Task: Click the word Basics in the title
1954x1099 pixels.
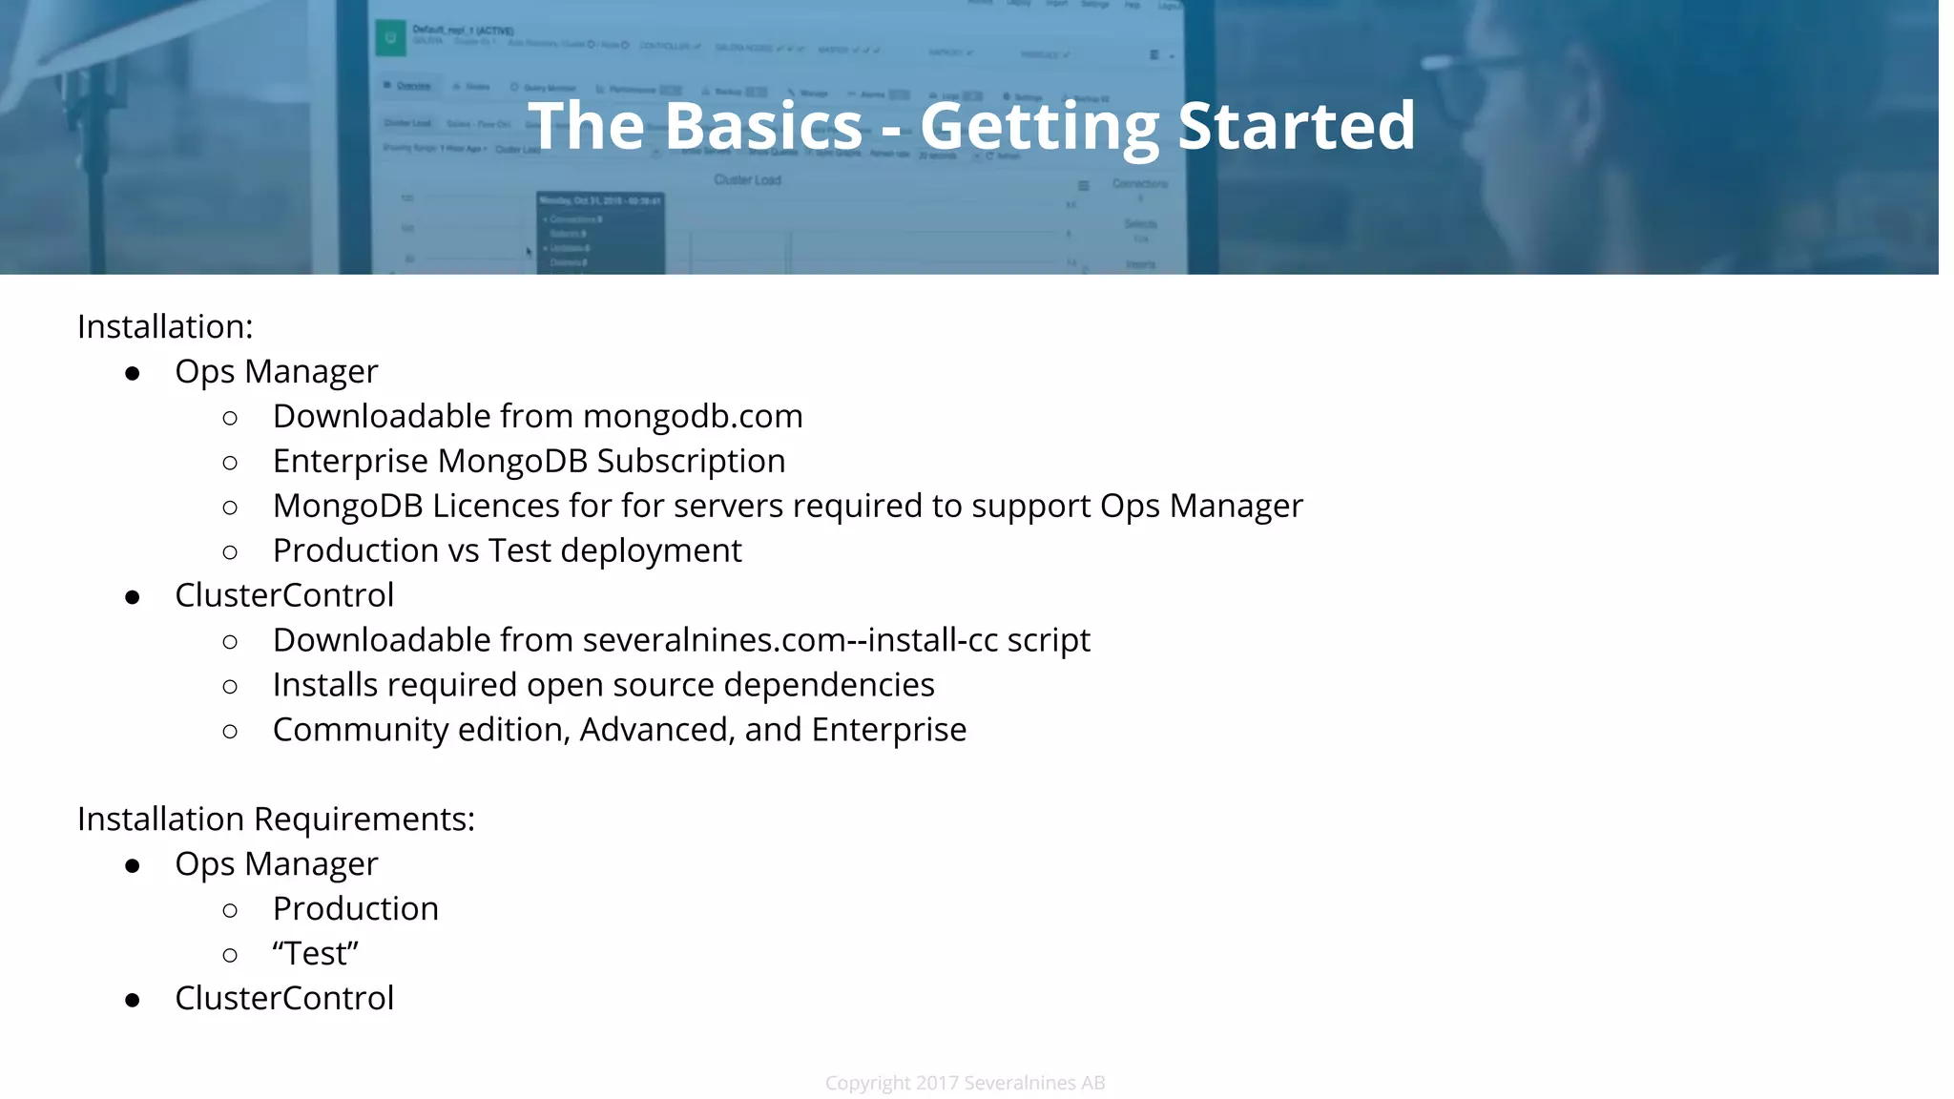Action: tap(763, 126)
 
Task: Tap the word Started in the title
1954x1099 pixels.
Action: tap(1297, 126)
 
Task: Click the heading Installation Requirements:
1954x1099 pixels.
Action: tap(276, 819)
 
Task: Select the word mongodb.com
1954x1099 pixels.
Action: tap(693, 417)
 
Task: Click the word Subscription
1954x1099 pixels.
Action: tap(691, 462)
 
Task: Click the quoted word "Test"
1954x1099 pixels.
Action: tap(315, 953)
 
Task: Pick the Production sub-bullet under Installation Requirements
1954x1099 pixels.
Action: tap(355, 909)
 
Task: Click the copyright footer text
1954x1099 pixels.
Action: tap(965, 1083)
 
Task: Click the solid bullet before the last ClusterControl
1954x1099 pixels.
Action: tap(133, 1000)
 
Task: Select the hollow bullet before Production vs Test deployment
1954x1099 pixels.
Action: tap(230, 552)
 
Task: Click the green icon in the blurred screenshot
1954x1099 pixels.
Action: tap(390, 39)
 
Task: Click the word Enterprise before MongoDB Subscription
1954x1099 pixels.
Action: tap(350, 462)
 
